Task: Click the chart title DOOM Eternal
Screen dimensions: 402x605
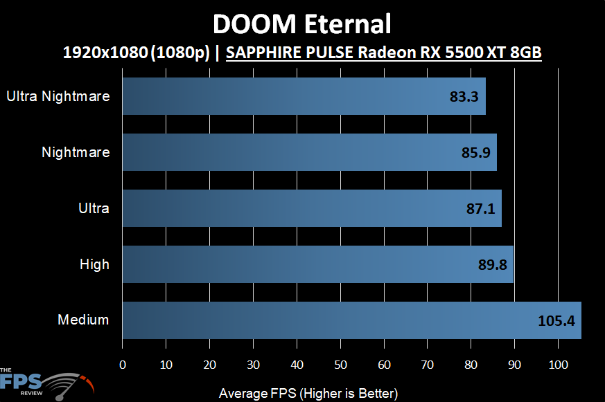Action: coord(301,24)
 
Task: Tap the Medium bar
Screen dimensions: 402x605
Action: coord(351,320)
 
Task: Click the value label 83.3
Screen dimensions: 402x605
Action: coord(464,97)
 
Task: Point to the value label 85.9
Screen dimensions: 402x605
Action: coord(475,153)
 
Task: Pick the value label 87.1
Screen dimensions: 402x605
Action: coord(480,208)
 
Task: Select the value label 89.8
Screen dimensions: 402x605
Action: coord(491,264)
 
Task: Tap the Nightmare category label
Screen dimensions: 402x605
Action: coord(76,152)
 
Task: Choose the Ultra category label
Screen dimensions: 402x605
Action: coord(94,208)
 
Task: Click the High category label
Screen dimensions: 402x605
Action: coord(94,264)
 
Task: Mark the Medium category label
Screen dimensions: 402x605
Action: coord(83,320)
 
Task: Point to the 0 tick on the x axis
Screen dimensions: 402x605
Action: coord(123,365)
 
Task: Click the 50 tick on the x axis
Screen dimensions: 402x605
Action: coord(340,365)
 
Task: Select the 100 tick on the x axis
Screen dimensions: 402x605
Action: coord(558,365)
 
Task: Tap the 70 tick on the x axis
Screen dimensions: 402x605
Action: coord(428,365)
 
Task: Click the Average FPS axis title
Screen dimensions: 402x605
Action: coord(308,393)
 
